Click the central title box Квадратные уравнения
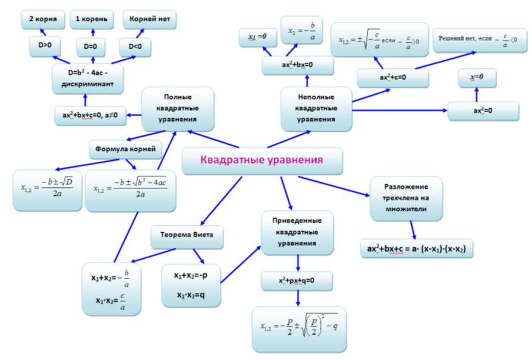click(x=262, y=160)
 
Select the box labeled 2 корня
click(x=43, y=20)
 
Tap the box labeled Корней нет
click(x=150, y=20)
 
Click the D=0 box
click(x=90, y=47)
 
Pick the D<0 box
click(x=135, y=47)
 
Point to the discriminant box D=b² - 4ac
click(x=87, y=78)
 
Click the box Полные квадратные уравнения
click(x=178, y=109)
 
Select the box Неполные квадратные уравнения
click(x=316, y=109)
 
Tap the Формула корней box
click(x=125, y=150)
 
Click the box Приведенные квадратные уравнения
click(x=297, y=232)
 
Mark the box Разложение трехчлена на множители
click(x=406, y=198)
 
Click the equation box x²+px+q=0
click(x=297, y=281)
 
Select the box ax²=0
click(x=483, y=111)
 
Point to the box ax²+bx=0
click(x=298, y=65)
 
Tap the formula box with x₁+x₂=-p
click(x=191, y=286)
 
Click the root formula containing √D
click(x=48, y=191)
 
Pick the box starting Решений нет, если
click(x=480, y=40)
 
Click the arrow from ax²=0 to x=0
click(x=477, y=94)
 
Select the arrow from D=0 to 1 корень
click(x=93, y=33)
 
